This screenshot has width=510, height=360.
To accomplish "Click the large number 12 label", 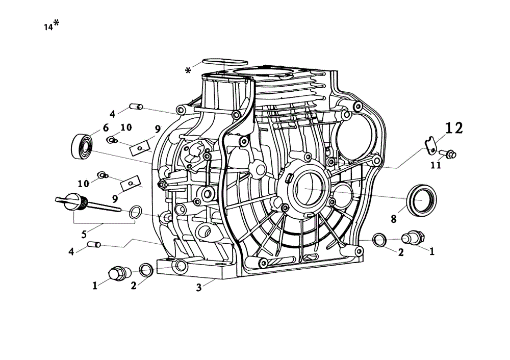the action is click(x=454, y=128).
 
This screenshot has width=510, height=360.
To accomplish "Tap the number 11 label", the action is click(x=436, y=165).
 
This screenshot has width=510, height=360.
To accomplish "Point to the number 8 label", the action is click(x=394, y=219).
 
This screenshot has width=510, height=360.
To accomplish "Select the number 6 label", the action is click(x=106, y=128).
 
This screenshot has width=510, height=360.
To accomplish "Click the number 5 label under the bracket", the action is click(x=84, y=234).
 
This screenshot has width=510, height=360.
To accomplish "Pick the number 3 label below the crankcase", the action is click(x=199, y=288).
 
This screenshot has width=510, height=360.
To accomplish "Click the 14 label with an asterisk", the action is click(x=52, y=25).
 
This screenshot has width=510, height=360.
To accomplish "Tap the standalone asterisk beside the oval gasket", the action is click(x=188, y=70).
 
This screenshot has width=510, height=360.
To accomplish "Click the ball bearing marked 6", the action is click(x=82, y=147).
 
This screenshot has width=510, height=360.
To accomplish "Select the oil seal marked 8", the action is click(x=422, y=200).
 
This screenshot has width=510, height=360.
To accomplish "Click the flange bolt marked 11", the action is click(x=448, y=153).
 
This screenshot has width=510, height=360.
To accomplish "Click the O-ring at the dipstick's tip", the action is click(x=135, y=212).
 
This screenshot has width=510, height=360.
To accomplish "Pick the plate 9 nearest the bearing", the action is click(x=140, y=148).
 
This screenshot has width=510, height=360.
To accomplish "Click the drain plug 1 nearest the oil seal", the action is click(x=413, y=238).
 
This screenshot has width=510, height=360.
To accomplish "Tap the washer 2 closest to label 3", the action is click(x=146, y=270).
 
